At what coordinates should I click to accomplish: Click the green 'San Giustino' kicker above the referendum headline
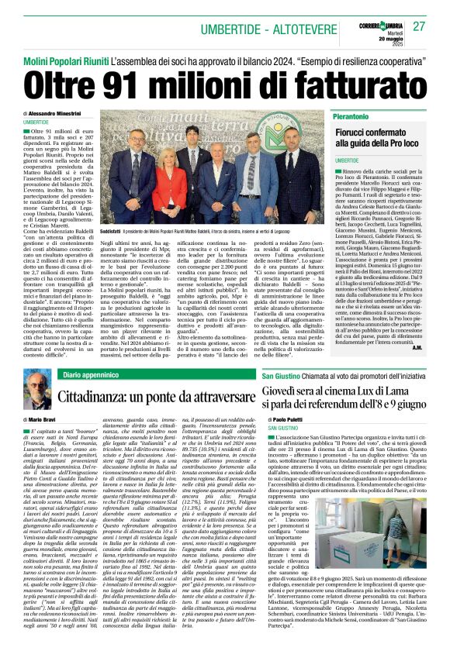[279, 374]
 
